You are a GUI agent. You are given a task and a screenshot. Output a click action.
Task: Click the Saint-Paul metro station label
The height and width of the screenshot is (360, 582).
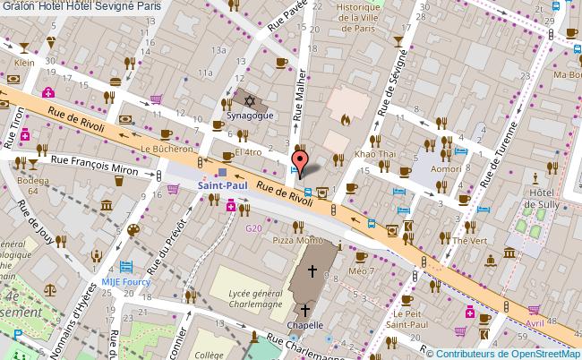pos(222,185)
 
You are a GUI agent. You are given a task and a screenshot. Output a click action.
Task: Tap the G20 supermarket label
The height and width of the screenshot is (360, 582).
pos(254,228)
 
